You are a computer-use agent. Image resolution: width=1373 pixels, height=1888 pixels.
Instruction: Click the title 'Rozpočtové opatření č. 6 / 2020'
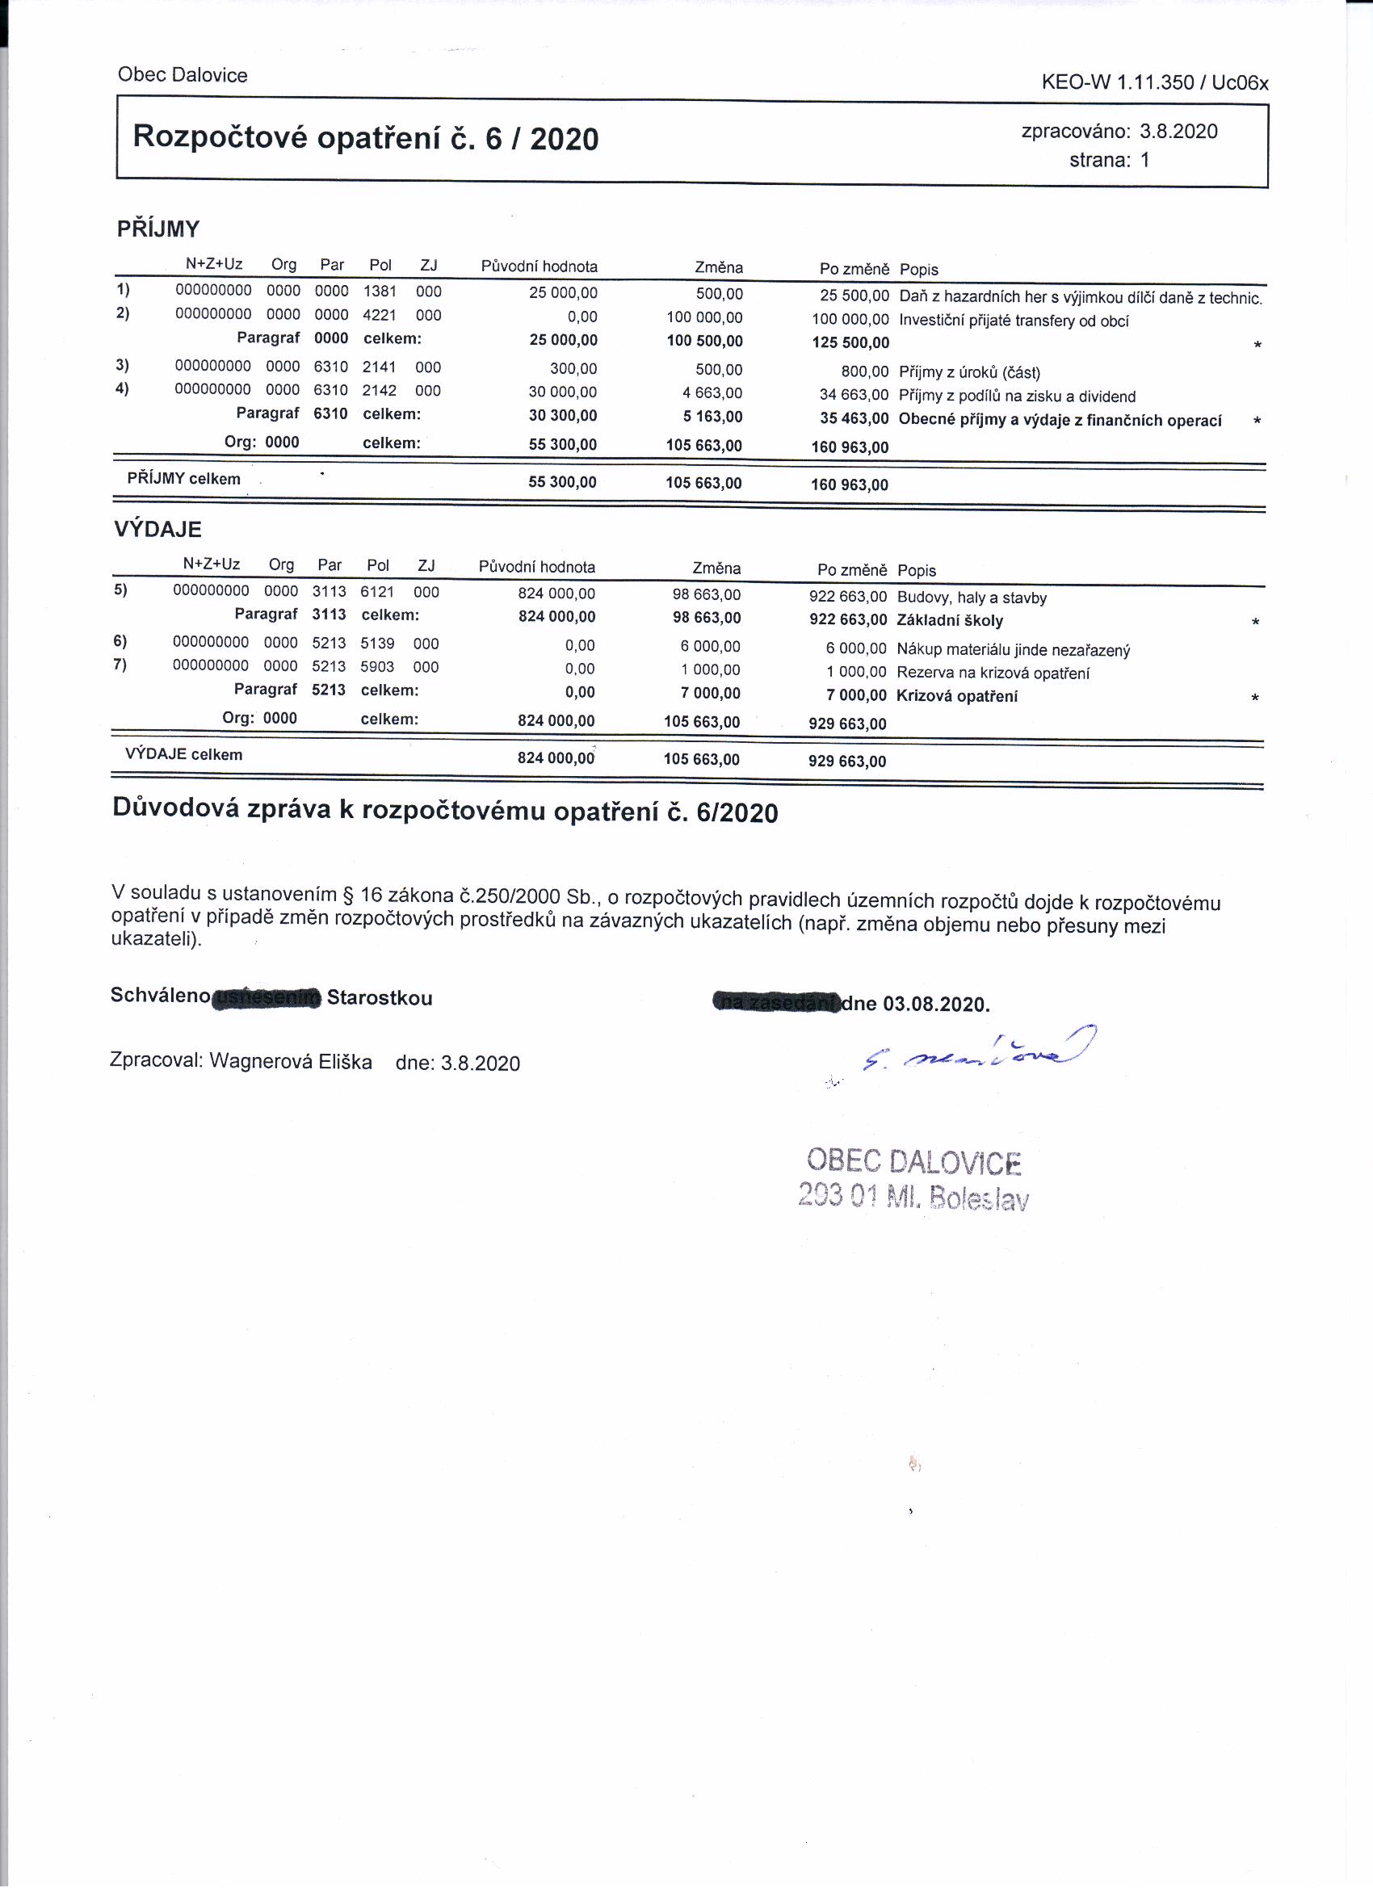(x=366, y=137)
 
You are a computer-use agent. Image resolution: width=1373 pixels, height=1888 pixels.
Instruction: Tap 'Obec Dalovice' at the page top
(x=183, y=75)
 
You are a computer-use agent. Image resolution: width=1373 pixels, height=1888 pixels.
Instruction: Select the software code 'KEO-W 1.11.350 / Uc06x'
(x=1154, y=82)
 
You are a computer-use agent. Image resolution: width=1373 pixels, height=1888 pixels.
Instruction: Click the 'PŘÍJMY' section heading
(x=158, y=229)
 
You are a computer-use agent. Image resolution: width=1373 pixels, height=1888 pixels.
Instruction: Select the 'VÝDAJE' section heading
(x=157, y=530)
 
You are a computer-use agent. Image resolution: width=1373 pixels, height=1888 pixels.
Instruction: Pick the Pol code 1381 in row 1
(x=380, y=292)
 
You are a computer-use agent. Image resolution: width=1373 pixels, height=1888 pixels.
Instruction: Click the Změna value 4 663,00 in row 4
(x=718, y=393)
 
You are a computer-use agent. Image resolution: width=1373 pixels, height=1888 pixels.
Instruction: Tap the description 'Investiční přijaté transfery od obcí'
(x=1014, y=321)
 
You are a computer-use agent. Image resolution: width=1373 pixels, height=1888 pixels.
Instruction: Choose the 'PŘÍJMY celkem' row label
(x=183, y=479)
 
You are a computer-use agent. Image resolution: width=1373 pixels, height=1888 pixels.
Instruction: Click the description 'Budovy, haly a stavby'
(x=972, y=598)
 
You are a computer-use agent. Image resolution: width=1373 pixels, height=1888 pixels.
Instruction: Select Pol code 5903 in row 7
(x=377, y=667)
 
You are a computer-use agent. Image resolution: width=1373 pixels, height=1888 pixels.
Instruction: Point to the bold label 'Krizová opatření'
(x=957, y=696)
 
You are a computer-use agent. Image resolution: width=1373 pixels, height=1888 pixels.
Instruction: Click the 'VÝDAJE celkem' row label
(x=183, y=755)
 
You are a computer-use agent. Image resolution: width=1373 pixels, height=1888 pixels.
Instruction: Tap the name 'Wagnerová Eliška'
(x=291, y=1061)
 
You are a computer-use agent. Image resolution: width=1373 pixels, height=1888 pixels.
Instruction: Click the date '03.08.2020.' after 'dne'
(x=936, y=1004)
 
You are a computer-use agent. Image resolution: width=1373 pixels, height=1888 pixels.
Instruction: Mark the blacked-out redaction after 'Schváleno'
(x=267, y=997)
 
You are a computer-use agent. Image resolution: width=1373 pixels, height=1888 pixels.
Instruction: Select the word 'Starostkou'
(x=380, y=998)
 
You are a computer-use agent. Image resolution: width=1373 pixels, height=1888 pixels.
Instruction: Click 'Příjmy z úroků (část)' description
(x=969, y=372)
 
